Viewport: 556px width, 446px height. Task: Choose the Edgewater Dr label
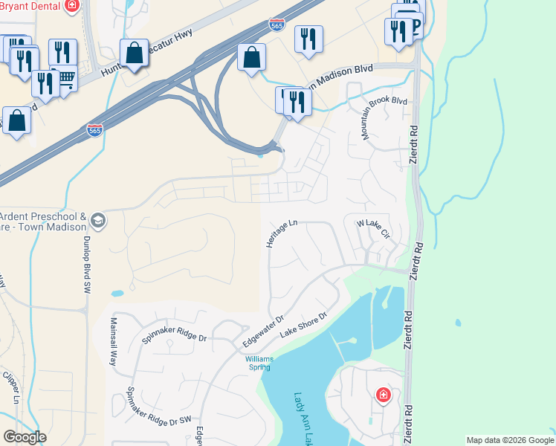(263, 331)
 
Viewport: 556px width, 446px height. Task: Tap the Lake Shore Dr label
(303, 326)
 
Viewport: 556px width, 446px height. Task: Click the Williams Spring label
(259, 363)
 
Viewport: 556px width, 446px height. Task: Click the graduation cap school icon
(98, 221)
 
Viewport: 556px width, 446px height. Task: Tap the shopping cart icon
(66, 77)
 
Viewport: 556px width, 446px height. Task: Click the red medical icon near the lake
(384, 394)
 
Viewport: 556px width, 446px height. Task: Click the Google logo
(25, 437)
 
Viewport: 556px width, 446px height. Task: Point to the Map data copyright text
(510, 440)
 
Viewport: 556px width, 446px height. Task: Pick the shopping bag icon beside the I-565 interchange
(252, 56)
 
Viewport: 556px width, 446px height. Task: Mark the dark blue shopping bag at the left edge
(16, 120)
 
